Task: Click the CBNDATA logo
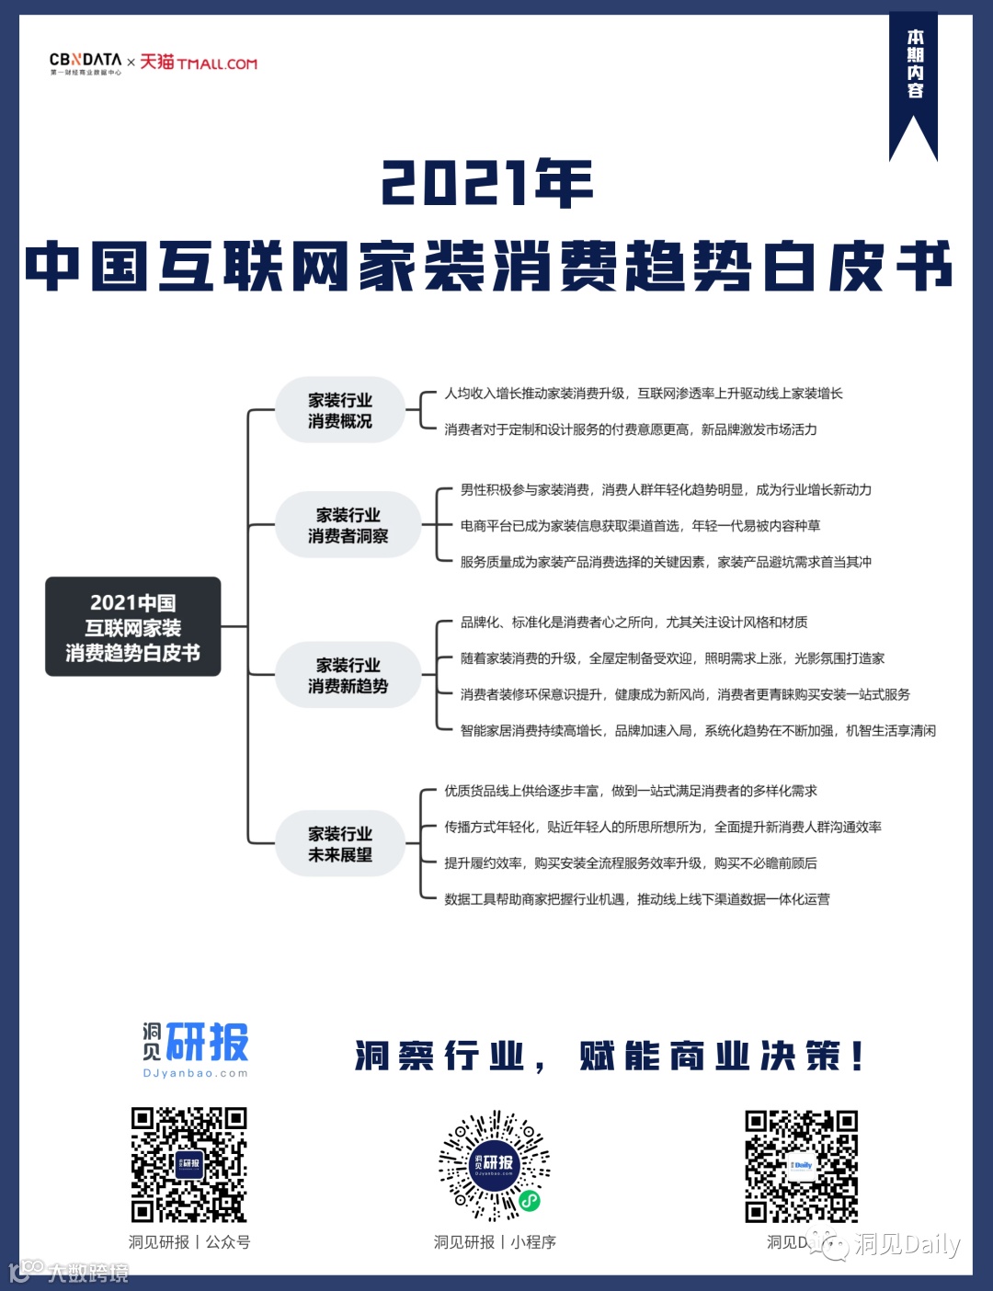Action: pos(86,63)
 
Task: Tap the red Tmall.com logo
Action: pos(199,63)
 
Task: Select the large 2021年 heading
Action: pos(487,183)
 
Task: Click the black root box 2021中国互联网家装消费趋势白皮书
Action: pos(133,627)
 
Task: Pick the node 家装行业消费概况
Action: pos(340,410)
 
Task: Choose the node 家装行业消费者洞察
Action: pos(348,525)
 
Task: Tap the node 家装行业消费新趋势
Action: pos(348,675)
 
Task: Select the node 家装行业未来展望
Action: pos(340,843)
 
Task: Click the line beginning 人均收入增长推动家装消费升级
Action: pos(644,394)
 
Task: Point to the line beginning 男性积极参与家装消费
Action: pos(666,490)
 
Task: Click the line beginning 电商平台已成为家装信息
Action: pos(640,526)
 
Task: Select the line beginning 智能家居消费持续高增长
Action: pos(698,731)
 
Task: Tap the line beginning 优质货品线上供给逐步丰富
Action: pos(631,791)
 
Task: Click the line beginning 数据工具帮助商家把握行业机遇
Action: pos(637,899)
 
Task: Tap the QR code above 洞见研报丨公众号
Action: pos(188,1164)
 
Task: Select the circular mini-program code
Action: pos(495,1164)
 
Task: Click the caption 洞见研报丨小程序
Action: pos(495,1242)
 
